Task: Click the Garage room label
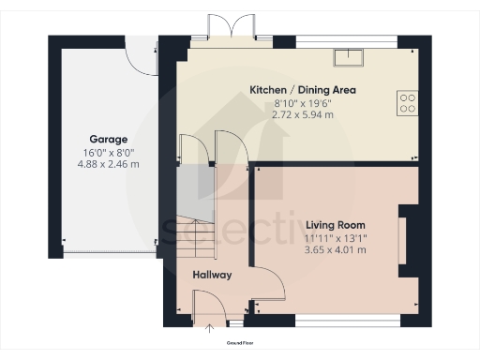pyautogui.click(x=108, y=139)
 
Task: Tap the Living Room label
pyautogui.click(x=336, y=225)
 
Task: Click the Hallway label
pyautogui.click(x=212, y=276)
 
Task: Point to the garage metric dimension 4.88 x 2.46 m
pyautogui.click(x=108, y=164)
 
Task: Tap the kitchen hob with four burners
pyautogui.click(x=408, y=101)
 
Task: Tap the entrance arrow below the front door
pyautogui.click(x=210, y=327)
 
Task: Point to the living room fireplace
pyautogui.click(x=402, y=241)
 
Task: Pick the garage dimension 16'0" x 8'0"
pyautogui.click(x=108, y=152)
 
